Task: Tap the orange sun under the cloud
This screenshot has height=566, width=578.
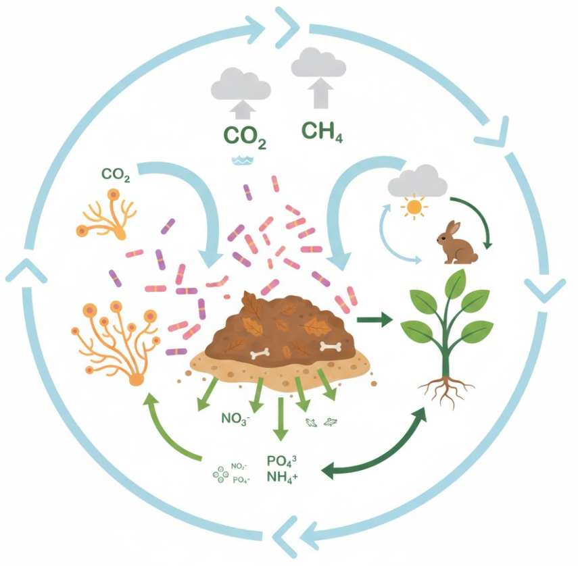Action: click(x=413, y=207)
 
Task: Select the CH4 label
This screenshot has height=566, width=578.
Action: click(x=321, y=130)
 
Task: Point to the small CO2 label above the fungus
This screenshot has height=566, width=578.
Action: click(x=116, y=174)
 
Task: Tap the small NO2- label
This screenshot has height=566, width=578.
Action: click(x=239, y=466)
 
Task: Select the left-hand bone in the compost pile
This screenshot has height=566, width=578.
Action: click(x=260, y=353)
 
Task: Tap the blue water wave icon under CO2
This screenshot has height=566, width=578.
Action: click(x=241, y=160)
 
